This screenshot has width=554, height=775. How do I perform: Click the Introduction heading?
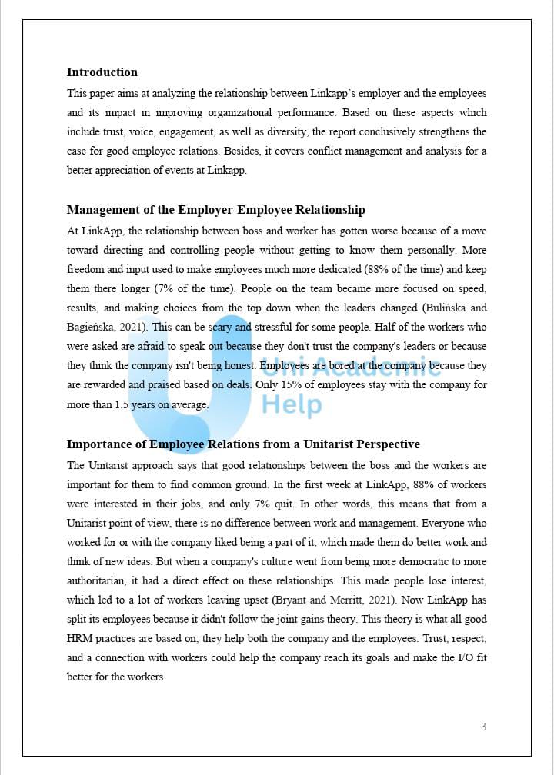tap(102, 72)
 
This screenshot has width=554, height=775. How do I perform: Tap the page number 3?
tap(483, 727)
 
